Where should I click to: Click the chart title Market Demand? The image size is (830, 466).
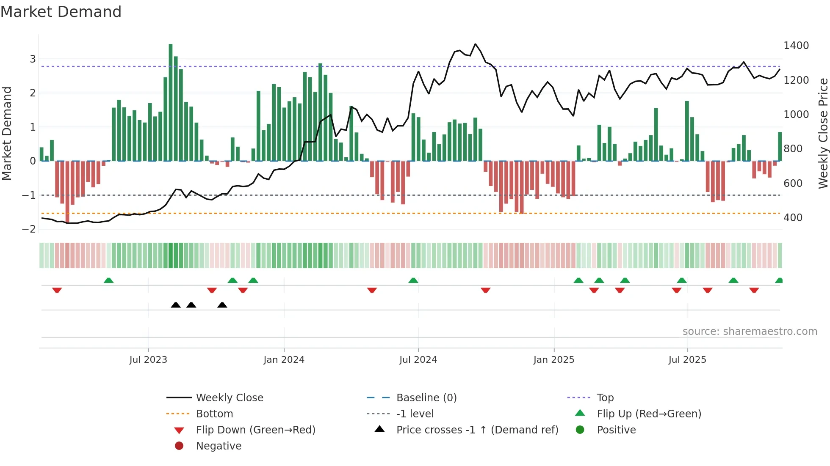[61, 12]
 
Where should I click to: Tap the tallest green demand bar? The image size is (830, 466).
[171, 101]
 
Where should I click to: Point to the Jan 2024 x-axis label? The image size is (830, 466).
[284, 359]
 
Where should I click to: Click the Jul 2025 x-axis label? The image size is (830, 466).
[687, 359]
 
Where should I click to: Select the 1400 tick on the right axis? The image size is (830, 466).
[796, 46]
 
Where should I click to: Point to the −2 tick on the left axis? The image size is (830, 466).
[29, 229]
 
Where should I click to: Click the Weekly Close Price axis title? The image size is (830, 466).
[823, 133]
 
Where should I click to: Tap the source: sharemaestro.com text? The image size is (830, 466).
[750, 331]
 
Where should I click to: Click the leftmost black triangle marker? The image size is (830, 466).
[176, 305]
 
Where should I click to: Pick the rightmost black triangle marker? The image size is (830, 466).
[222, 305]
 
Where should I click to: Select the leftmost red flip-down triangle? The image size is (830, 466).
[57, 290]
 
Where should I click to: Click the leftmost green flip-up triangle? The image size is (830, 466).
[109, 280]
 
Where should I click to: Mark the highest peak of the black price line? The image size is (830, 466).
[476, 44]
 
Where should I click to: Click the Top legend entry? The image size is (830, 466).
[605, 397]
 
